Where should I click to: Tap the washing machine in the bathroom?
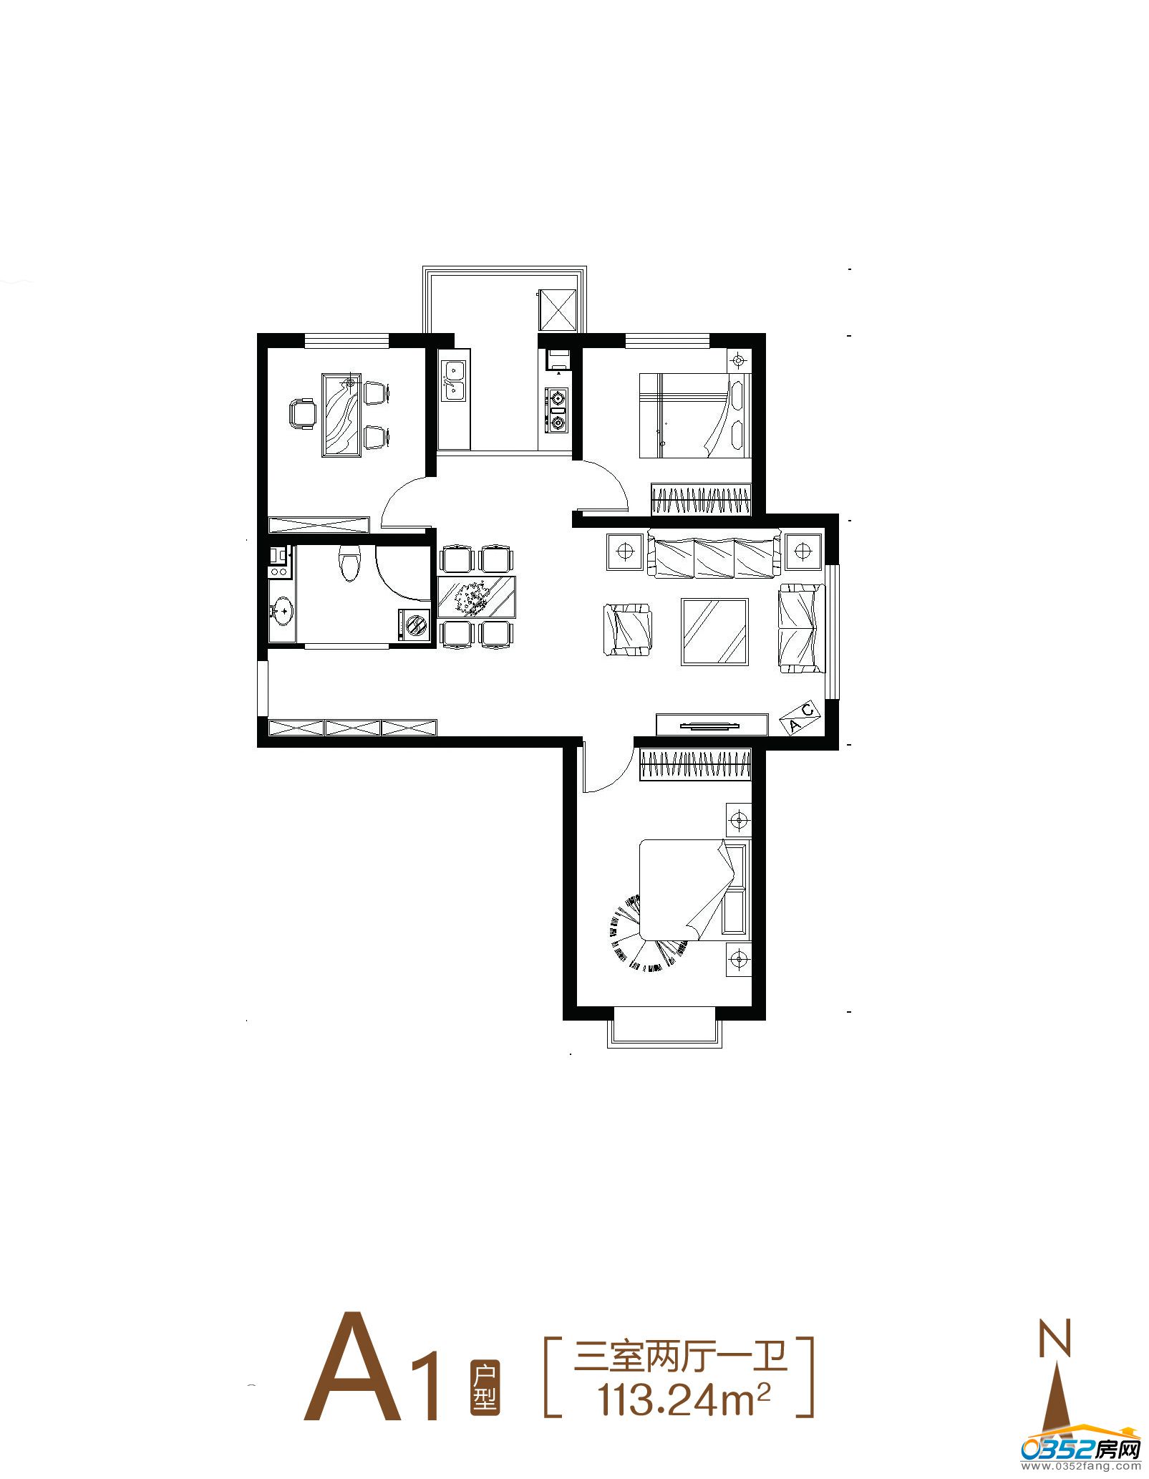coord(414,625)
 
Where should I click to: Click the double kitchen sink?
coord(454,380)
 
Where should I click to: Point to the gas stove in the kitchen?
coord(556,411)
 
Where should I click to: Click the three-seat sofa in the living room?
coord(714,552)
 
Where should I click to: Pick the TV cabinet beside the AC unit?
coord(712,724)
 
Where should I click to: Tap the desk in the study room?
coord(342,415)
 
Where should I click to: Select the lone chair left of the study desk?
coord(302,414)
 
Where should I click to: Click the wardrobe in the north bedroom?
coord(701,499)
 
